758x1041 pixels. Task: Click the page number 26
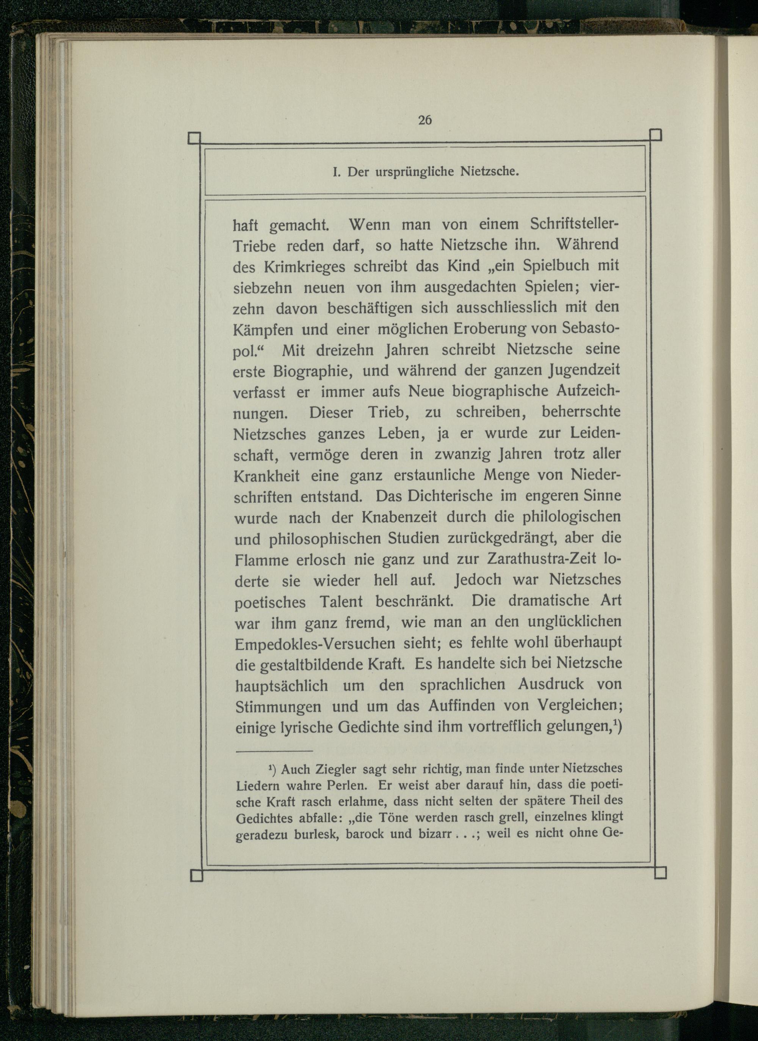424,120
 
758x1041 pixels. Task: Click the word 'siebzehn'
263,288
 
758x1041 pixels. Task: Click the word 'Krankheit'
266,475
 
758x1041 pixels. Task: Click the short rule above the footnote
274,752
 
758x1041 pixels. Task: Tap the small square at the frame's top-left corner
194,138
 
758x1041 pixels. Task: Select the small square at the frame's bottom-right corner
659,873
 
